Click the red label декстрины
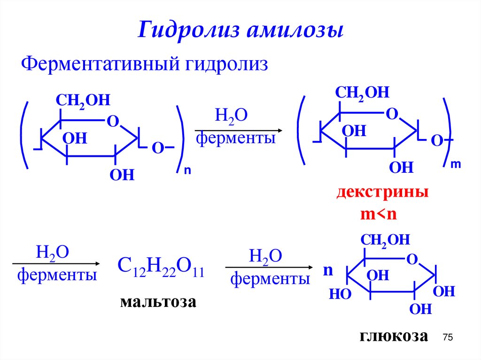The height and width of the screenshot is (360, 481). coord(382,192)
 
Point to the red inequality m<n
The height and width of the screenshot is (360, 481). coord(379,214)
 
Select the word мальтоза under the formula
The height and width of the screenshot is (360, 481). coord(157,301)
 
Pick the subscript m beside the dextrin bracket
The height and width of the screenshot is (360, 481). coord(455,164)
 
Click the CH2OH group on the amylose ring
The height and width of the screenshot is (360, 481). coord(83,100)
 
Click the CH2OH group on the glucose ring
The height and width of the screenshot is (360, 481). coord(385,240)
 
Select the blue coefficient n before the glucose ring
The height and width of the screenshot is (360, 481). coord(328,271)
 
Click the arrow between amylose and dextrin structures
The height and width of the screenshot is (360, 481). coord(238,130)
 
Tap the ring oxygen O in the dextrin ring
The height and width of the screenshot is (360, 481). coord(391,114)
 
